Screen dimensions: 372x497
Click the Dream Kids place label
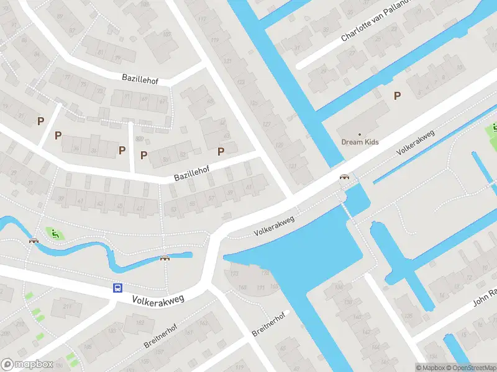click(x=360, y=142)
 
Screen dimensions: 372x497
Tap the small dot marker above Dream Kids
click(x=359, y=133)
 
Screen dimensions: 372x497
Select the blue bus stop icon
click(x=117, y=288)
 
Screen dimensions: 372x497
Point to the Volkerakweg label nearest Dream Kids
click(x=415, y=143)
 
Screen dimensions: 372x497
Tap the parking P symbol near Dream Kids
click(x=397, y=95)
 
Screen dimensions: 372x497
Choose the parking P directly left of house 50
click(x=144, y=155)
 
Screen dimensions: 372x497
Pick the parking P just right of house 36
click(x=122, y=149)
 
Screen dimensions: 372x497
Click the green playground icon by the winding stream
click(x=55, y=234)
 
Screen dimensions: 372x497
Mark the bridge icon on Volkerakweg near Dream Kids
click(x=344, y=177)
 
